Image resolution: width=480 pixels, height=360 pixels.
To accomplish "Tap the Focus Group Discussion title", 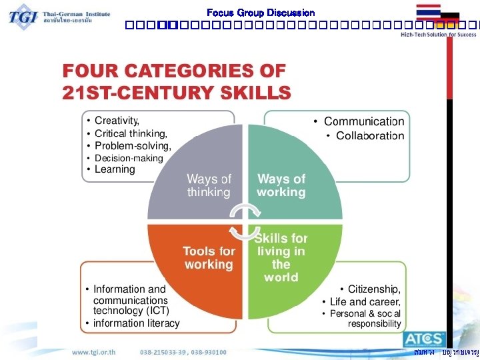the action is click(261, 13).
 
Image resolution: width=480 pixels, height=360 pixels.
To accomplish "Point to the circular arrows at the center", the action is click(244, 221).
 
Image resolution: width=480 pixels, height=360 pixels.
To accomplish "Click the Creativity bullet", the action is click(117, 121).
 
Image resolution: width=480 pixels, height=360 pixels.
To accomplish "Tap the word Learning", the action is click(115, 169).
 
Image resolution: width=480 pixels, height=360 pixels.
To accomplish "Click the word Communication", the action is click(364, 121).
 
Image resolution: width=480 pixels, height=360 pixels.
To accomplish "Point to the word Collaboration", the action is click(370, 136).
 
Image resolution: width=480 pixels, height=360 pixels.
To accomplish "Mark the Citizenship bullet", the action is click(374, 289).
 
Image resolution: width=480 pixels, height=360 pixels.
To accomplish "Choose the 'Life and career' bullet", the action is click(365, 302).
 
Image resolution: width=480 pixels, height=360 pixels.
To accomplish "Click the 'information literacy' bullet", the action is click(136, 323).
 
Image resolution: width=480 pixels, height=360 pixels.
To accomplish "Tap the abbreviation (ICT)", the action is click(157, 311).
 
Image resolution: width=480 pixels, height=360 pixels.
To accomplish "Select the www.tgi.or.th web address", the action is click(93, 351).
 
